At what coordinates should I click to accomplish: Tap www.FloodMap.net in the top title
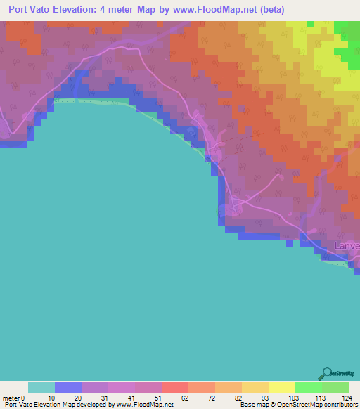coord(213,10)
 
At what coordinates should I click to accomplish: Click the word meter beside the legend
coord(12,397)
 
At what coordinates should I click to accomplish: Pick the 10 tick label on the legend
coord(55,397)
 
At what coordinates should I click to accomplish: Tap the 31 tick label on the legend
coord(108,397)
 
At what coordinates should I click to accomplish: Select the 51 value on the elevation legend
coord(161,397)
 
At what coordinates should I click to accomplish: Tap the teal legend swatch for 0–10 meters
coord(41,387)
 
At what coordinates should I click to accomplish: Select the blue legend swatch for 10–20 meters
coord(68,387)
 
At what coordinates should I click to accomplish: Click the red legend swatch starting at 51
coord(174,387)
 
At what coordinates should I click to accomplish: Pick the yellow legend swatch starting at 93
coord(281,387)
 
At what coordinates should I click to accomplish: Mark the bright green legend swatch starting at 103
coord(308,387)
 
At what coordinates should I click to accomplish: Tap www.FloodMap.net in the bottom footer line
coord(146,405)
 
